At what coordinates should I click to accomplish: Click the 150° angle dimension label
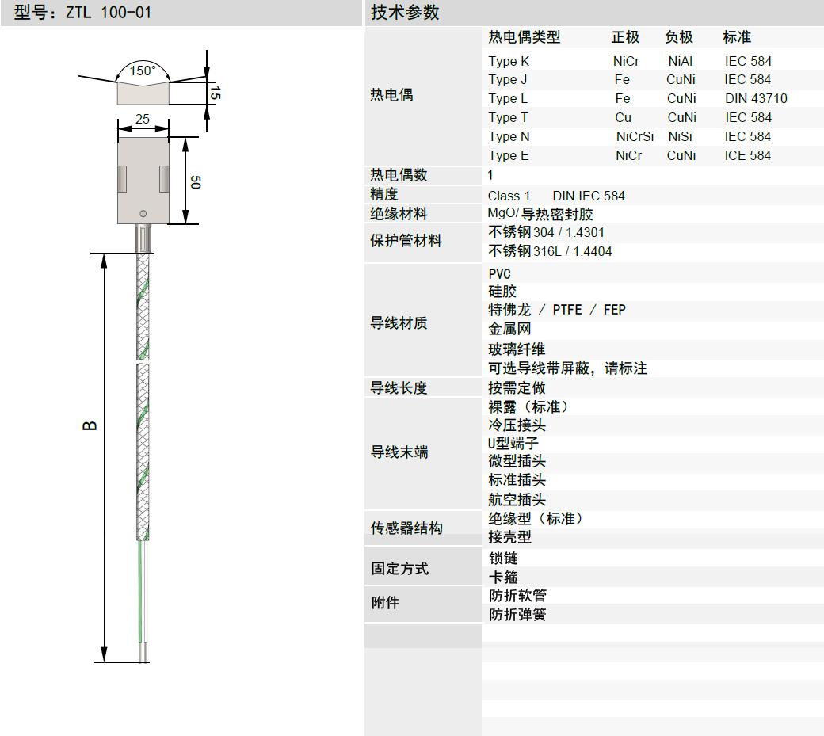[x=143, y=71]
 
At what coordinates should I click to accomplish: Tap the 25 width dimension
[x=143, y=120]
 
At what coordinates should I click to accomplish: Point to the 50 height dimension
[x=196, y=182]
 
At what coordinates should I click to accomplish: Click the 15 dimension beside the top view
[x=215, y=93]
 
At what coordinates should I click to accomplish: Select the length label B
[x=90, y=425]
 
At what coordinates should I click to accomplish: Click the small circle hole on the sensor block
[x=143, y=214]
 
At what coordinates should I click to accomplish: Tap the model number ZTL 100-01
[x=109, y=12]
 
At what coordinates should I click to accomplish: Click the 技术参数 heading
[x=405, y=12]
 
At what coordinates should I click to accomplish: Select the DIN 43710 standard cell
[x=756, y=99]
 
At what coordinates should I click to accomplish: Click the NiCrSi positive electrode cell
[x=635, y=136]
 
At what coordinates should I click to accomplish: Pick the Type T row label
[x=508, y=118]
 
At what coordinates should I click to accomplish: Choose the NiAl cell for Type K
[x=681, y=62]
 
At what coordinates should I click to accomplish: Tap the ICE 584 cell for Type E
[x=748, y=155]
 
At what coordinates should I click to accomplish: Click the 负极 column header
[x=679, y=37]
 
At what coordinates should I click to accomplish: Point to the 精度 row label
[x=384, y=194]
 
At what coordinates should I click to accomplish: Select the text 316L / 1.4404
[x=572, y=252]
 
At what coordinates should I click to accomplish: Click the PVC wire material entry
[x=499, y=274]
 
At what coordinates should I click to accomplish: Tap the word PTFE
[x=567, y=310]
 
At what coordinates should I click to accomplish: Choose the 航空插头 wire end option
[x=517, y=500]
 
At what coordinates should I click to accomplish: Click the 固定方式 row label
[x=399, y=568]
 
